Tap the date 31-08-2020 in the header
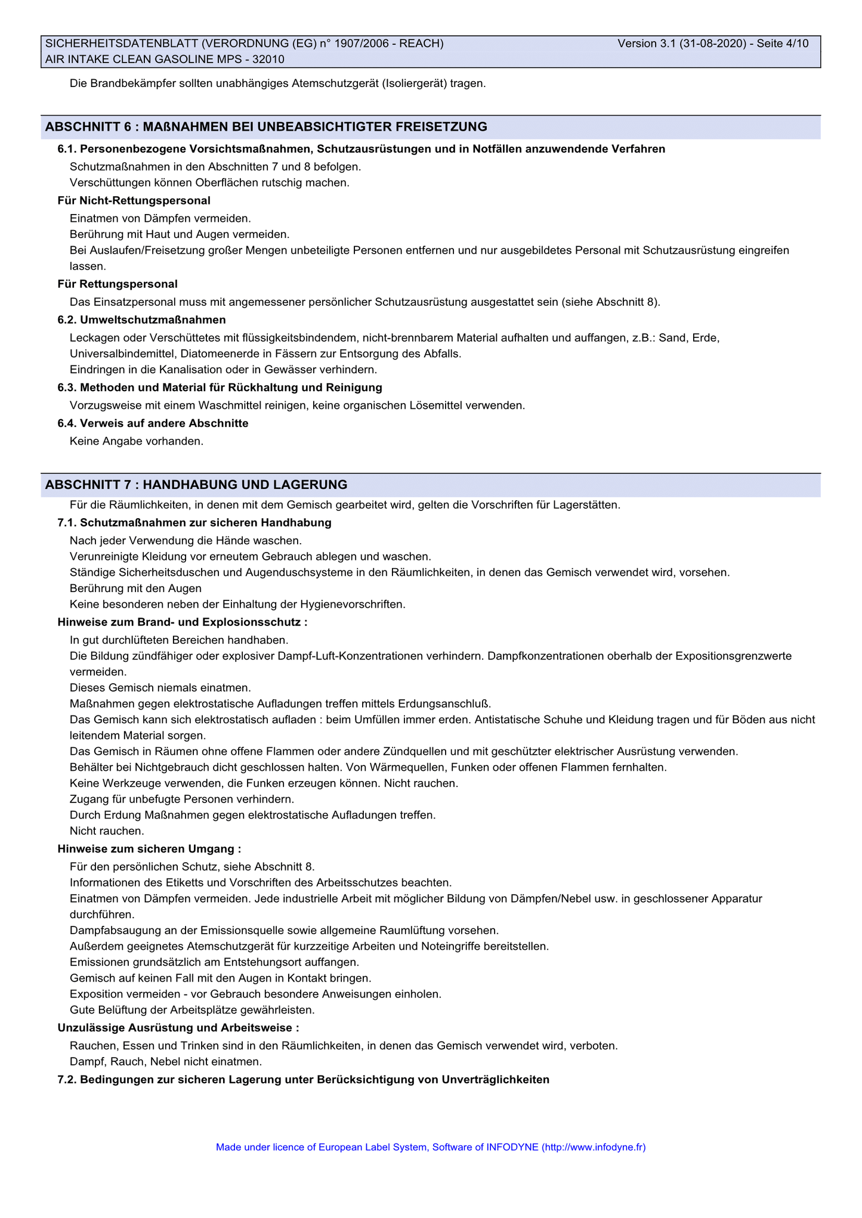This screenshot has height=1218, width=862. pyautogui.click(x=713, y=44)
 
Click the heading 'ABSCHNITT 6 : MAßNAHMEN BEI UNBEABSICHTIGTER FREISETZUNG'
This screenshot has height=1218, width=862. pyautogui.click(x=266, y=126)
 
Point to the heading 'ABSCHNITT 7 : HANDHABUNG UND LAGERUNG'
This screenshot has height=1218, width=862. pyautogui.click(x=196, y=484)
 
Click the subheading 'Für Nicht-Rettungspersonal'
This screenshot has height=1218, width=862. pyautogui.click(x=134, y=201)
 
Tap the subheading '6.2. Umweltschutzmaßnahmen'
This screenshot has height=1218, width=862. pyautogui.click(x=141, y=320)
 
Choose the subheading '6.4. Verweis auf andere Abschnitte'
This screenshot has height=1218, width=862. pyautogui.click(x=153, y=423)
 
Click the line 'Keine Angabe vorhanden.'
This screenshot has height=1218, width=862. pyautogui.click(x=137, y=442)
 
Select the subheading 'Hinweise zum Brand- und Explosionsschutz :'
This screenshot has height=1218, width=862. pyautogui.click(x=183, y=622)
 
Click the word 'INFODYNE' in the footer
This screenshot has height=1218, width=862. pyautogui.click(x=512, y=1147)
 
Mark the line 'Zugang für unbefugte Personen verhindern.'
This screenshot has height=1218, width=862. pyautogui.click(x=182, y=799)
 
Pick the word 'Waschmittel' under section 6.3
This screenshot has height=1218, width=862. pyautogui.click(x=231, y=405)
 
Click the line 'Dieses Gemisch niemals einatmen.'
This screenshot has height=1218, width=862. pyautogui.click(x=160, y=688)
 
